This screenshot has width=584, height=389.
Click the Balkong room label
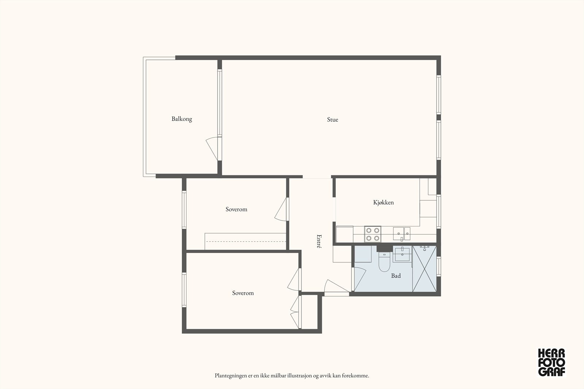[182, 119]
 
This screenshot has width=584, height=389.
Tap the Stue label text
[333, 120]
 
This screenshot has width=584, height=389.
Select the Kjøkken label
[383, 202]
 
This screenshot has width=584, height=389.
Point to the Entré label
[319, 241]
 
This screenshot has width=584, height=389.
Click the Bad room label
[396, 276]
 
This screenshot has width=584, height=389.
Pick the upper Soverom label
[236, 209]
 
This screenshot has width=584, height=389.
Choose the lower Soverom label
[243, 293]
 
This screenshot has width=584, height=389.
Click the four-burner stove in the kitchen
[373, 234]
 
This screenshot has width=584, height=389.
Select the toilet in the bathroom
[384, 262]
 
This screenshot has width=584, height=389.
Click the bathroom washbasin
[402, 254]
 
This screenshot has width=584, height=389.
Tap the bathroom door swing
[359, 279]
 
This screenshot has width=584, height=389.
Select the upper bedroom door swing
[281, 210]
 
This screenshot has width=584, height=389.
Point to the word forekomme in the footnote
[355, 375]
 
